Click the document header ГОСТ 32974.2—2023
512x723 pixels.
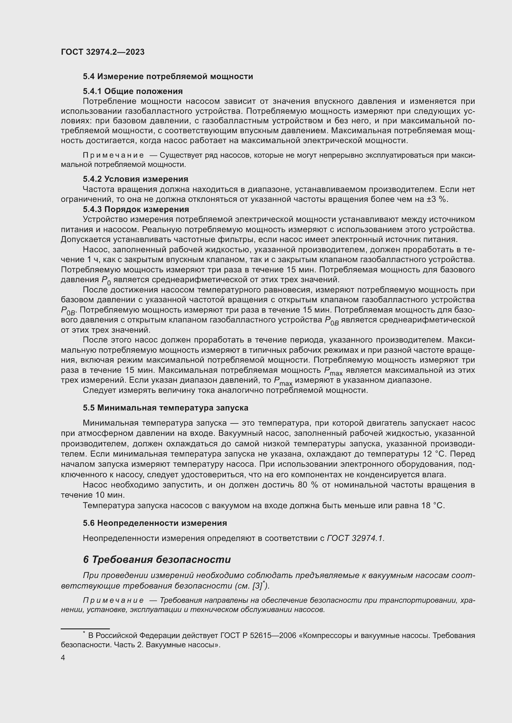coord(102,52)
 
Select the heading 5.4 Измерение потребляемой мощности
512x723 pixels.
coord(168,77)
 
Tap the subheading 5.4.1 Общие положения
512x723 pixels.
coord(133,91)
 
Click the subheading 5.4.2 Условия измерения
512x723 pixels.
coord(135,179)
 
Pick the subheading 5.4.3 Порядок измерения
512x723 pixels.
coord(136,209)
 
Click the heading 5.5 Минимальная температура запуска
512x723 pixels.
coord(166,408)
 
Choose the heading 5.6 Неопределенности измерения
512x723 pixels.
coord(155,523)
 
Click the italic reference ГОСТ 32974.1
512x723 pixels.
coord(356,538)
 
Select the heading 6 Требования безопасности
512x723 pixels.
coord(157,559)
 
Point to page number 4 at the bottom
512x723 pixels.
coord(63,658)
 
